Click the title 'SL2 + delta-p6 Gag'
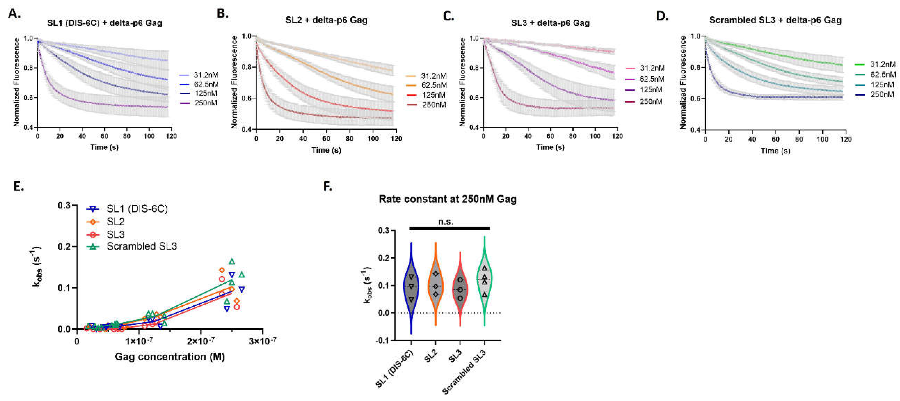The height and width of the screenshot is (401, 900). click(326, 20)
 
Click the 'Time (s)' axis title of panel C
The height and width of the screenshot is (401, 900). click(550, 147)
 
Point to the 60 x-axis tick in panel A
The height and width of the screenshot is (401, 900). click(105, 136)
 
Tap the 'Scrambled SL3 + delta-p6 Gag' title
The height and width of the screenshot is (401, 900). click(775, 20)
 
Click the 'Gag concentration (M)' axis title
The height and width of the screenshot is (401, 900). click(170, 357)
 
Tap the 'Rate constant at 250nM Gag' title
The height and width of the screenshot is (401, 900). click(447, 199)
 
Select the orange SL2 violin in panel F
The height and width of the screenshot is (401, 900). click(436, 283)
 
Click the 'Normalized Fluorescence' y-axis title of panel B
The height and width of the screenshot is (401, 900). click(234, 82)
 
